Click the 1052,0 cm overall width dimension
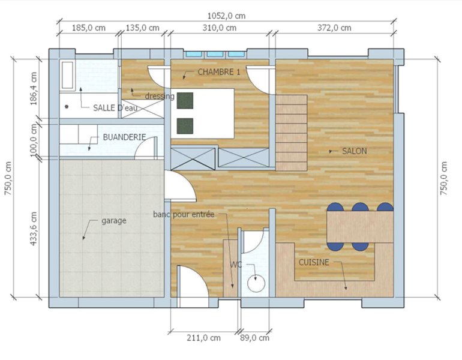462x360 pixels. (x=226, y=16)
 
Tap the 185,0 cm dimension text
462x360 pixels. (x=89, y=28)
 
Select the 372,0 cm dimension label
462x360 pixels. (x=334, y=28)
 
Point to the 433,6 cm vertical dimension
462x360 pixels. (x=34, y=229)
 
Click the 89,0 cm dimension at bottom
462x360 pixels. (x=254, y=338)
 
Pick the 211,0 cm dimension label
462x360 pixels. (x=203, y=338)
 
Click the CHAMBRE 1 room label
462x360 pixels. (x=218, y=72)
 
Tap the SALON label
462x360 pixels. (x=354, y=151)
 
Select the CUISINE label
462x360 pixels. (x=314, y=262)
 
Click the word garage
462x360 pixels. (x=114, y=221)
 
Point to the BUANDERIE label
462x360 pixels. (x=124, y=137)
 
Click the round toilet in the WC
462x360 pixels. (x=256, y=284)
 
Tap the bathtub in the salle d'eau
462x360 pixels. (x=67, y=75)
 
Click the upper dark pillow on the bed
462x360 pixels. (x=185, y=100)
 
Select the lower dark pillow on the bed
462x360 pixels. (x=185, y=126)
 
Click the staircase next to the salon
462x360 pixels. (x=292, y=133)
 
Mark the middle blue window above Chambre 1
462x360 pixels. (x=215, y=54)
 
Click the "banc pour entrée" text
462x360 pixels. (x=184, y=214)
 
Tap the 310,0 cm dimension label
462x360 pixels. (x=219, y=28)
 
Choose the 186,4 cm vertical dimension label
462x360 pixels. (x=34, y=89)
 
